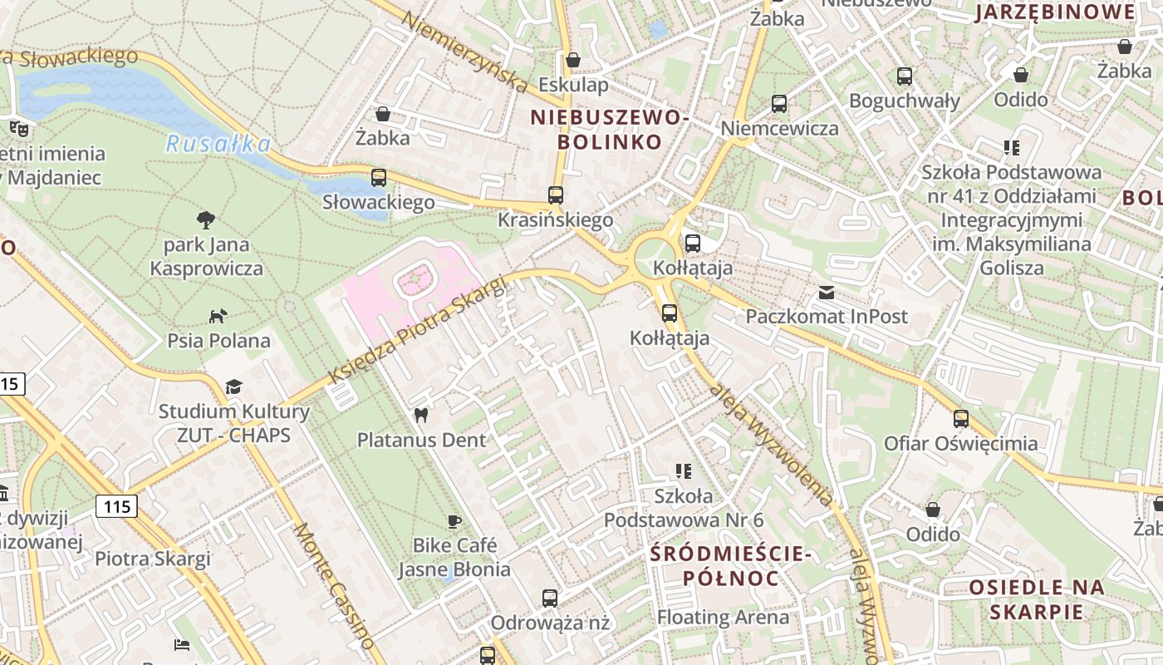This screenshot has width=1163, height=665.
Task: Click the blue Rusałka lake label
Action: [x=218, y=145]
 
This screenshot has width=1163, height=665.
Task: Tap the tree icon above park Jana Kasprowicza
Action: [x=206, y=219]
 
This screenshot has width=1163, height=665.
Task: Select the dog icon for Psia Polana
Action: [x=218, y=316]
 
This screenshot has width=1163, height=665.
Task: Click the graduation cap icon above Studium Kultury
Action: [x=233, y=387]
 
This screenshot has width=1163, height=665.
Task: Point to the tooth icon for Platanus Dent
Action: [x=421, y=415]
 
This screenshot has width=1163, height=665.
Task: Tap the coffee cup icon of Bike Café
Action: [x=454, y=521]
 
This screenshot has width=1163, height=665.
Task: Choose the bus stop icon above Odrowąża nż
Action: [x=549, y=598]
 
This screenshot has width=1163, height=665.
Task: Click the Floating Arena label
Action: [x=723, y=618]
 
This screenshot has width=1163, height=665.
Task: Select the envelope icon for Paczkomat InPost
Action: [x=826, y=292]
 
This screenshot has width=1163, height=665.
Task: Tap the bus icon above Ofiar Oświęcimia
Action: [x=960, y=418]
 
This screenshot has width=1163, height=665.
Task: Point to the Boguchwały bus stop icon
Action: [x=904, y=76]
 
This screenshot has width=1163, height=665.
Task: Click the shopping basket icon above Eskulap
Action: [x=572, y=60]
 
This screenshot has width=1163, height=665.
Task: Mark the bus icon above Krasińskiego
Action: [x=555, y=195]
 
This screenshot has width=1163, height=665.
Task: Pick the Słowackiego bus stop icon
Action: [x=378, y=177]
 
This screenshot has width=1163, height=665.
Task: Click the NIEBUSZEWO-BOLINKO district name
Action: [x=610, y=130]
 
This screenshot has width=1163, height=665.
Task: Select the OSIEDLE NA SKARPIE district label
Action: [x=1037, y=599]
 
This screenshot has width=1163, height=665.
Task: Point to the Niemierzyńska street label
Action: [x=465, y=52]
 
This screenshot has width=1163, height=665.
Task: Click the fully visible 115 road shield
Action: [x=115, y=505]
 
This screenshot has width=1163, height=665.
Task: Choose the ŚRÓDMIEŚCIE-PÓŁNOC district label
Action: [x=729, y=565]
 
